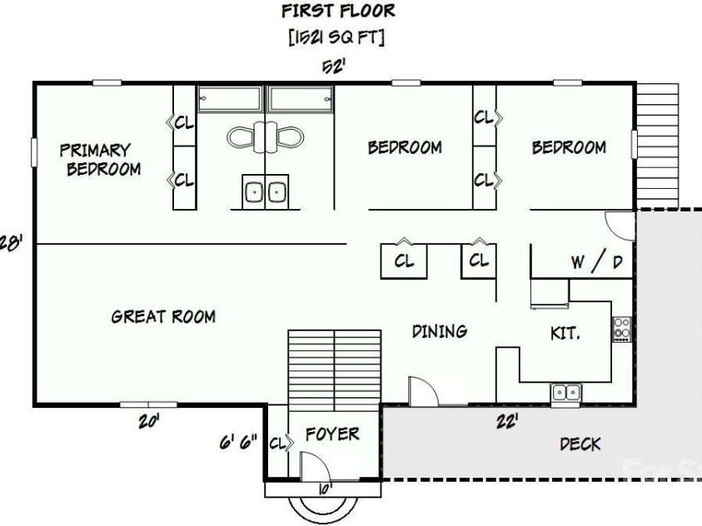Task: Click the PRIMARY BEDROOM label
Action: pyautogui.click(x=100, y=160)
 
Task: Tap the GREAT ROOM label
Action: pyautogui.click(x=163, y=316)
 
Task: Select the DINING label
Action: pyautogui.click(x=440, y=331)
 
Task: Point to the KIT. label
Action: pyautogui.click(x=565, y=333)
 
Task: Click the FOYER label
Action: pyautogui.click(x=332, y=434)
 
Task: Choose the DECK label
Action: pyautogui.click(x=580, y=444)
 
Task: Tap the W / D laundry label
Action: pyautogui.click(x=597, y=261)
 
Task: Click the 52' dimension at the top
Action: pyautogui.click(x=334, y=67)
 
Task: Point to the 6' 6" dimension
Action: pyautogui.click(x=238, y=443)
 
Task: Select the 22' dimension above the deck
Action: pyautogui.click(x=508, y=421)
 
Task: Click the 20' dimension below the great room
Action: pyautogui.click(x=149, y=421)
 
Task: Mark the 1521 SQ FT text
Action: pyautogui.click(x=336, y=37)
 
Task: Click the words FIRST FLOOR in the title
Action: pyautogui.click(x=338, y=11)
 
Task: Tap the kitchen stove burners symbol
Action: pyautogui.click(x=622, y=330)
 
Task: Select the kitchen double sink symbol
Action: pyautogui.click(x=566, y=393)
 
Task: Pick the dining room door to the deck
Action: pyautogui.click(x=424, y=391)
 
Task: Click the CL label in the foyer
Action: pyautogui.click(x=277, y=444)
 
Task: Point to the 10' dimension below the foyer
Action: pyautogui.click(x=326, y=489)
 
